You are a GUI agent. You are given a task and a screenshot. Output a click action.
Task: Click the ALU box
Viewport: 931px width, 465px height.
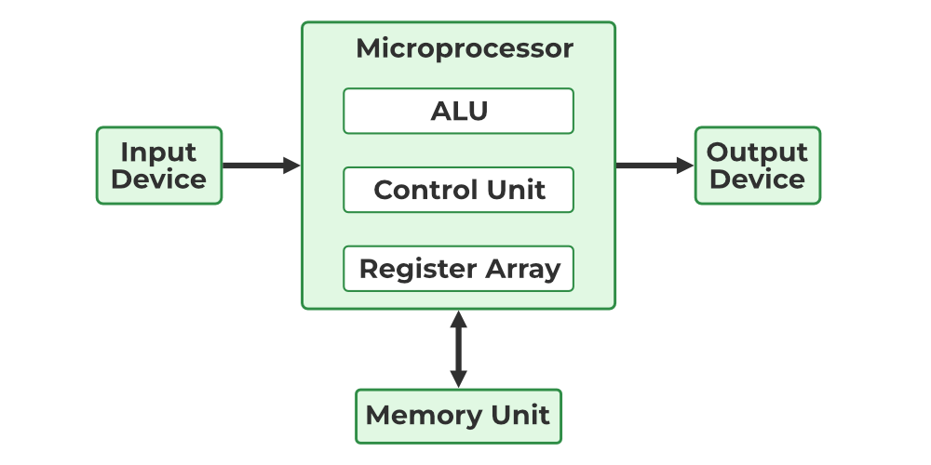pos(458,111)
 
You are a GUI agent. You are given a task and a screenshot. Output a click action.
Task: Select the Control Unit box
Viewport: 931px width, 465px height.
pos(458,190)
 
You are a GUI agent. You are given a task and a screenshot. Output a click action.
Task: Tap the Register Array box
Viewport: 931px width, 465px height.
pos(458,269)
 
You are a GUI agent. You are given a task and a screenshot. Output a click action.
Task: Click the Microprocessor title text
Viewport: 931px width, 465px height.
pos(464,48)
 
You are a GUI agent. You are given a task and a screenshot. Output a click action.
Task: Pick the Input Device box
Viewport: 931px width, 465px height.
pos(159,166)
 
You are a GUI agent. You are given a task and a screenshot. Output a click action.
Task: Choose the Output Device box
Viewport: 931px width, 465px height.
pos(757,166)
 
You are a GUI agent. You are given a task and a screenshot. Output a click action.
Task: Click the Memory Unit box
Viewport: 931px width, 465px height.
pos(458,416)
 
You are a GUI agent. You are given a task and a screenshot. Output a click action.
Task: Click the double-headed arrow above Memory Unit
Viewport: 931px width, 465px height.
pos(458,349)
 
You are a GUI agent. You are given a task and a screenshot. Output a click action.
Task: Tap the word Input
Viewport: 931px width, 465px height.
pos(159,152)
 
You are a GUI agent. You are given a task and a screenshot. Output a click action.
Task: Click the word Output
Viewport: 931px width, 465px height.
pos(757,152)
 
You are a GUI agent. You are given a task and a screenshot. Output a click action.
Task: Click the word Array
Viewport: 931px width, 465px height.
pos(521,269)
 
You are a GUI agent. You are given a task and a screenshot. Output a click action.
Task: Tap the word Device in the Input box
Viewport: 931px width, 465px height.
pos(159,179)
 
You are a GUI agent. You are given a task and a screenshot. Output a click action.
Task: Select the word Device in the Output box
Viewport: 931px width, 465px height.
pos(757,179)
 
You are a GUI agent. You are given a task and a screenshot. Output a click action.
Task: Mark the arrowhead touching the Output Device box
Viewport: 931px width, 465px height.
pos(685,166)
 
